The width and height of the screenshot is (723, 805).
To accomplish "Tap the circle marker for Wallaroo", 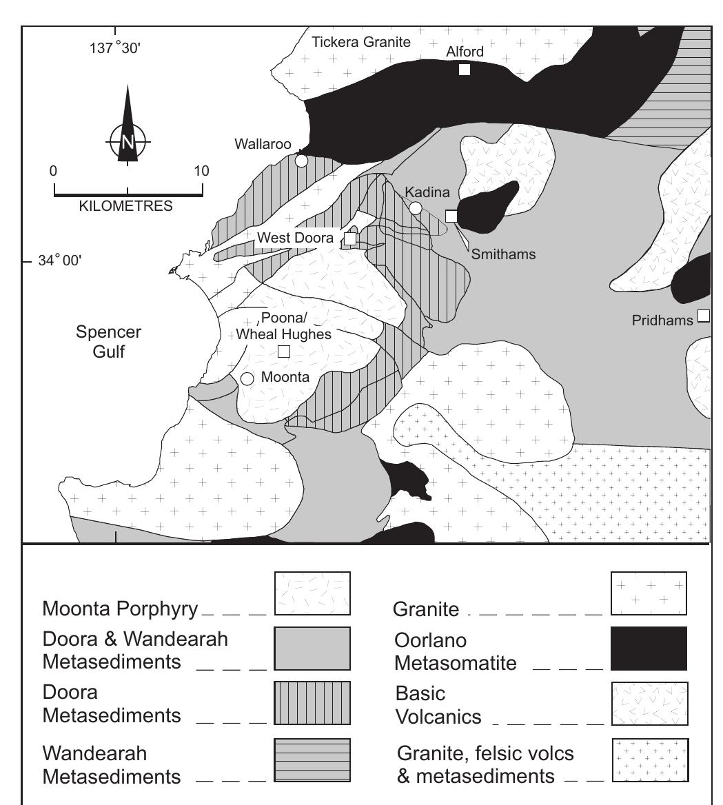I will click(301, 161).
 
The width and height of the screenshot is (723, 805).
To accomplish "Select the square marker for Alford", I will click(465, 69).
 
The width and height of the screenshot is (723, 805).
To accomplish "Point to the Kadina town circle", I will click(416, 208).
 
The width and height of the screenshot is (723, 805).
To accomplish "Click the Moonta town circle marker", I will click(247, 378).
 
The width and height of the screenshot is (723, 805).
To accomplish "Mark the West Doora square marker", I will click(350, 238).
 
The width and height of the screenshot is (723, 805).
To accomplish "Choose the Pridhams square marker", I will click(703, 316).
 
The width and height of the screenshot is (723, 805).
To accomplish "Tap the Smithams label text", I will click(503, 254).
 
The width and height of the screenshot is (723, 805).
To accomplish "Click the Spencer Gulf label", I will click(109, 342).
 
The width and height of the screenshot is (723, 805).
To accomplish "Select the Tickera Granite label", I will click(361, 42).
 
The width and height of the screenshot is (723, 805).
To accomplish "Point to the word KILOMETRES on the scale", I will click(127, 205).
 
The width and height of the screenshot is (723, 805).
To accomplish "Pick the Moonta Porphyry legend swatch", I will click(312, 593).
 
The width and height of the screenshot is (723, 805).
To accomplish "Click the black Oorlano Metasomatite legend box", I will click(649, 649).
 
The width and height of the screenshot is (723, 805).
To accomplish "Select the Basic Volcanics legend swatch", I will click(649, 704).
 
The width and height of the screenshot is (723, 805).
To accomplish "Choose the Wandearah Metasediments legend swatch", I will click(312, 760).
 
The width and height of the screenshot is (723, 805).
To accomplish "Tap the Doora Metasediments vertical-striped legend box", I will click(312, 704).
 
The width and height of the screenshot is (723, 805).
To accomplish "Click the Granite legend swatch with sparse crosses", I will click(649, 593).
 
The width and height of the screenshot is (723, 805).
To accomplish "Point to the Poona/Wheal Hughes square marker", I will click(283, 351).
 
